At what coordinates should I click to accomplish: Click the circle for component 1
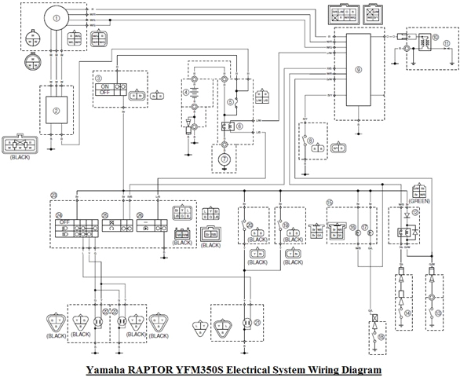click(55, 15)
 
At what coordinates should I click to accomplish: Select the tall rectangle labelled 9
click(357, 70)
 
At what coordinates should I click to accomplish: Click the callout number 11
click(447, 42)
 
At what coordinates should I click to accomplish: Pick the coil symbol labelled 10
click(434, 38)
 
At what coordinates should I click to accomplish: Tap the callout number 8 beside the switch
click(312, 141)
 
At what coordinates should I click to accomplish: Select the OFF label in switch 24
click(65, 223)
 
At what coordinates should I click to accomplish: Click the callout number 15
click(330, 202)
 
